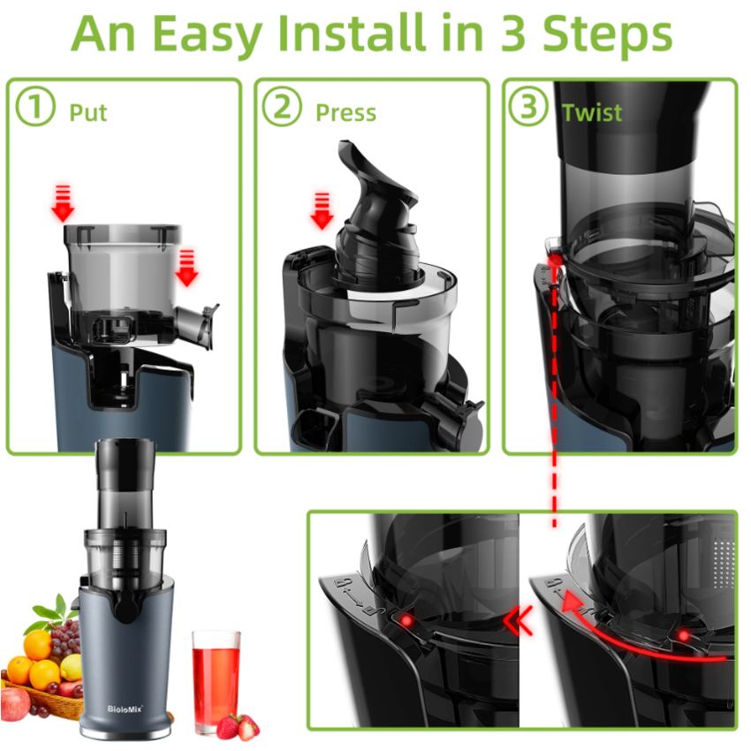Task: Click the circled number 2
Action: [x=282, y=106]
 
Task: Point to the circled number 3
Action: [x=528, y=106]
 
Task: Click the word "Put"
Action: [x=88, y=113]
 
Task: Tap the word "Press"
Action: [x=345, y=113]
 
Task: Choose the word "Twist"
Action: [x=592, y=113]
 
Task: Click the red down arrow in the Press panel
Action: [x=322, y=211]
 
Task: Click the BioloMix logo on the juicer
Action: [x=125, y=709]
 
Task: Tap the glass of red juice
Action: [x=216, y=680]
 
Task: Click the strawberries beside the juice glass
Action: [x=239, y=726]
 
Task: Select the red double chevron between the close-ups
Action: [x=519, y=620]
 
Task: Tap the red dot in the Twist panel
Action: [x=555, y=261]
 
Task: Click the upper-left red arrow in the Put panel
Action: [x=63, y=203]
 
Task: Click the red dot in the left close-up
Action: [x=406, y=621]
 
